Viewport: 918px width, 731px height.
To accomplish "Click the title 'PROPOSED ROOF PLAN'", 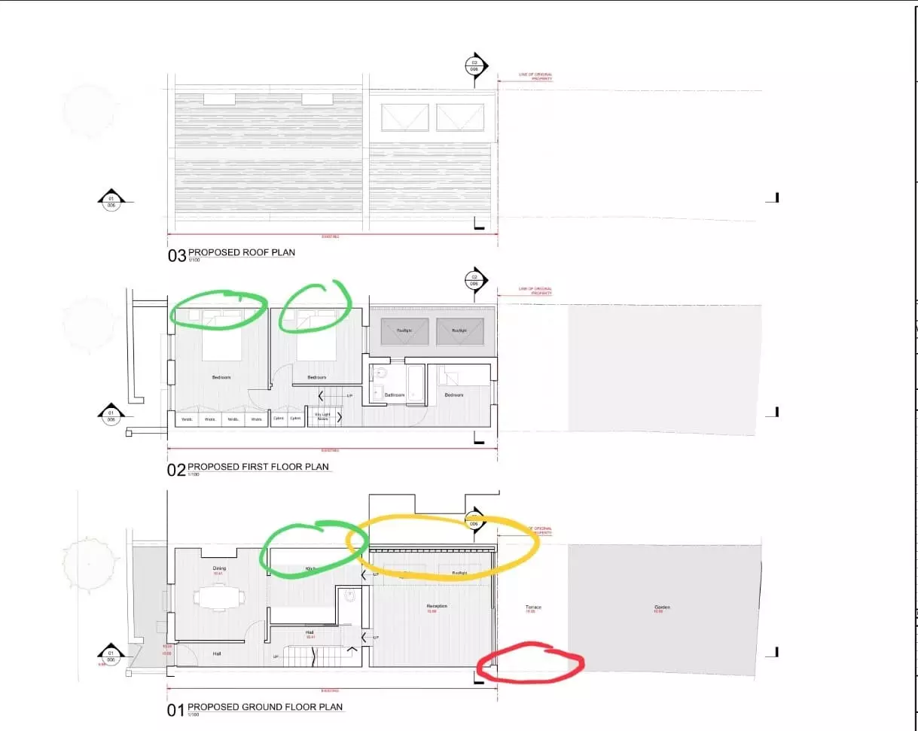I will point(241,253).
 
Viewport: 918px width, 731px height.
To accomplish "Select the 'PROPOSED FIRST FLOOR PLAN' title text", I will point(258,467).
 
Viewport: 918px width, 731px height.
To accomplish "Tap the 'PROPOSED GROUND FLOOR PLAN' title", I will point(265,707).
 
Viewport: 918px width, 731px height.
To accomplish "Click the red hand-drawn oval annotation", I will point(532,662).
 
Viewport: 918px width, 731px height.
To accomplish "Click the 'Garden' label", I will point(662,608).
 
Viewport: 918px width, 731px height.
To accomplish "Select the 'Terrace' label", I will point(533,608).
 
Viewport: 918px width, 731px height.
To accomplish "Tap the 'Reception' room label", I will point(437,606).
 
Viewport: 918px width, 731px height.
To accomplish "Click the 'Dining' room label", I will point(219,569).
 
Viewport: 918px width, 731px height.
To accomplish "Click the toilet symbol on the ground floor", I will point(349,595).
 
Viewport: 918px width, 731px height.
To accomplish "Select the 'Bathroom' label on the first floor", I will point(395,394).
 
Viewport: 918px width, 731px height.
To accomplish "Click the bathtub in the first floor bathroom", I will point(415,374).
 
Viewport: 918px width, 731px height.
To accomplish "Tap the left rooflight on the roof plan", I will point(404,117).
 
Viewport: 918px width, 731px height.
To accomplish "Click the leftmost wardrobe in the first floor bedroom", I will point(186,419).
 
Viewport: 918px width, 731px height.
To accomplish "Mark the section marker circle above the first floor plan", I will point(474,279).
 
